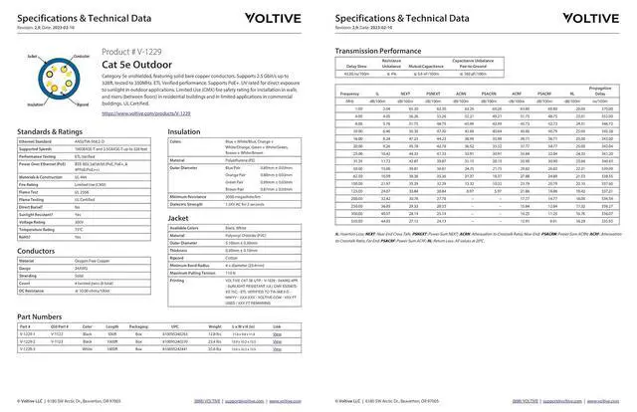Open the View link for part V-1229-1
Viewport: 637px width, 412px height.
[x=277, y=335]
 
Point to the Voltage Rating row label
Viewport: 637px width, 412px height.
[x=37, y=221]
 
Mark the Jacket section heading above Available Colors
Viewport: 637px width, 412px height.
[x=178, y=216]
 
